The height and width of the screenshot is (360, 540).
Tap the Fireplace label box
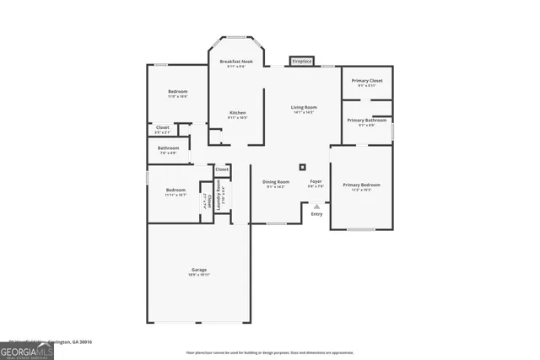(x=302, y=62)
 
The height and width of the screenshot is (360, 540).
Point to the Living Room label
(x=304, y=107)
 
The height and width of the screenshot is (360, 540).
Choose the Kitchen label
(x=239, y=113)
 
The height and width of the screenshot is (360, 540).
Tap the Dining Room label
(x=277, y=182)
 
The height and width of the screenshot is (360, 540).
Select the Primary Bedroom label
(x=361, y=185)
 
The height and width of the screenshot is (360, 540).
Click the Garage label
(x=198, y=270)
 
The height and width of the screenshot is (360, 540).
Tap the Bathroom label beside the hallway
(x=168, y=148)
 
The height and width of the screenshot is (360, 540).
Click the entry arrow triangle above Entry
(x=317, y=206)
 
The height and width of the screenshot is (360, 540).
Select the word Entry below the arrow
(x=316, y=214)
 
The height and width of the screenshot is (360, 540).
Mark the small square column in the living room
(x=303, y=166)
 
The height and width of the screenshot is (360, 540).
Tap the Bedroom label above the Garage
(x=175, y=191)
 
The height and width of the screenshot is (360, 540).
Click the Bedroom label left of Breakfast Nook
(x=177, y=92)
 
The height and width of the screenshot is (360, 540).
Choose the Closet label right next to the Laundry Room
(x=222, y=169)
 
